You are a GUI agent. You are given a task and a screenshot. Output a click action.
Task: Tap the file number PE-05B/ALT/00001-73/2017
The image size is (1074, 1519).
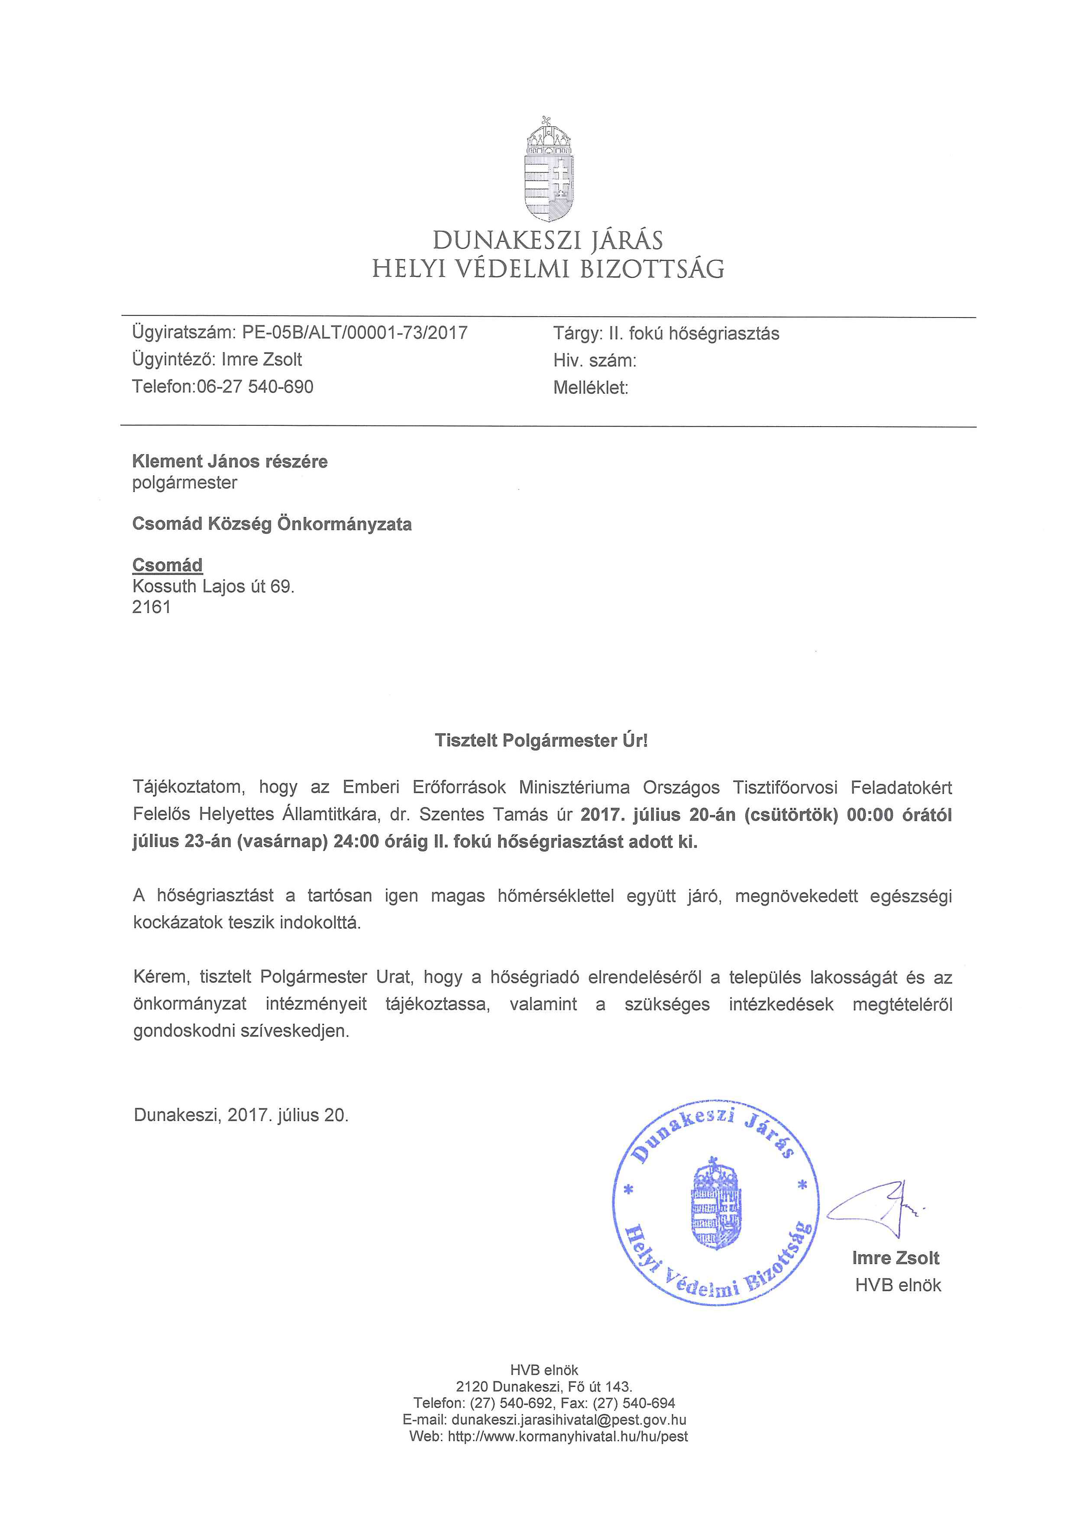[x=355, y=332]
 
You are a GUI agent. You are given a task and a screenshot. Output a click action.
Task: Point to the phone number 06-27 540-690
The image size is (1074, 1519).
[x=255, y=387]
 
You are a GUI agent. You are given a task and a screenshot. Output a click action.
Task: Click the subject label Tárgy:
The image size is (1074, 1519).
[x=577, y=334]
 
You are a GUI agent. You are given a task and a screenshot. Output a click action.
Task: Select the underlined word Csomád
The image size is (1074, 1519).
[x=167, y=565]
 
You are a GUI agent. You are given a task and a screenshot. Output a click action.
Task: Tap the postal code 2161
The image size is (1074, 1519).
[x=152, y=607]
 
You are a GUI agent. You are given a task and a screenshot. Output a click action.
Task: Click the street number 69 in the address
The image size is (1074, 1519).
[x=280, y=586]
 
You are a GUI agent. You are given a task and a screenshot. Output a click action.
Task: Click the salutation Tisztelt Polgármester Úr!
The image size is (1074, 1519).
[x=541, y=740]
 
